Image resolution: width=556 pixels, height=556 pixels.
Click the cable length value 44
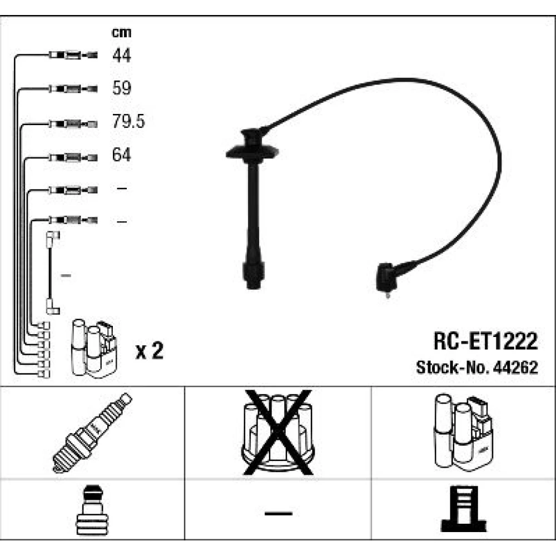tap(122, 56)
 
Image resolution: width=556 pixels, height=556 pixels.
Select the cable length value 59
tap(122, 88)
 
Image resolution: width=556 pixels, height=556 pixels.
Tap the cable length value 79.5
tap(128, 121)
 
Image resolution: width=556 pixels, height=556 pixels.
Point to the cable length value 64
tap(121, 155)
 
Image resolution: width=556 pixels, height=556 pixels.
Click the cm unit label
tap(122, 33)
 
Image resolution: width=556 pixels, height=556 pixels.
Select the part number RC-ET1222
tap(485, 341)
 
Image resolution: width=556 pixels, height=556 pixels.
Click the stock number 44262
tap(515, 368)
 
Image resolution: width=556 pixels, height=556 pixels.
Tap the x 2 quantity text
tap(150, 350)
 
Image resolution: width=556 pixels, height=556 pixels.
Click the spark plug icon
tap(92, 433)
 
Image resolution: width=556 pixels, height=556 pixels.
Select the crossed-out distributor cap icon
tap(278, 433)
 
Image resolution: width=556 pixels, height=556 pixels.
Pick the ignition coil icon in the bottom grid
tap(463, 432)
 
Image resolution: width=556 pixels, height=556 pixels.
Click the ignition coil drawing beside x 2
tap(94, 349)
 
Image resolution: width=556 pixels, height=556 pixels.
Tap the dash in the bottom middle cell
tap(279, 513)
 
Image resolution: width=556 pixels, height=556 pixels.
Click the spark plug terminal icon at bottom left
tap(92, 510)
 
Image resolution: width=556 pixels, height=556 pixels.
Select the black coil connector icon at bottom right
tap(464, 509)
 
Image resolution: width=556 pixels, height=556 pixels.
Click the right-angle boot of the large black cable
tap(387, 278)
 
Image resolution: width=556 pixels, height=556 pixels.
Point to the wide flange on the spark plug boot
tap(252, 152)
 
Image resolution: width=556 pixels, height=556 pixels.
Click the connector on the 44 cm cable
tap(73, 55)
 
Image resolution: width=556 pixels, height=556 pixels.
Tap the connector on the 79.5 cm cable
tap(73, 124)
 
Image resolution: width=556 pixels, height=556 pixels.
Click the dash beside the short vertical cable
tap(66, 275)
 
